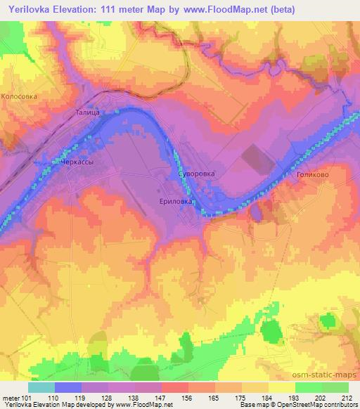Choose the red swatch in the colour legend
click(174, 387)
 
